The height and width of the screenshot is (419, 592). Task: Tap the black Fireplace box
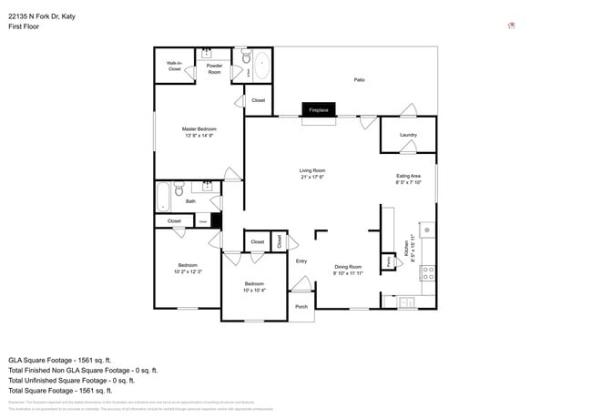pos(319,109)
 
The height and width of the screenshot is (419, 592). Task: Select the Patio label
pos(360,80)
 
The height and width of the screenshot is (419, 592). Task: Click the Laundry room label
pos(408,135)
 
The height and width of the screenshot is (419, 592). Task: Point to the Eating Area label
pos(408,176)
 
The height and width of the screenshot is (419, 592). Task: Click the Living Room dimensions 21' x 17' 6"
pos(312,177)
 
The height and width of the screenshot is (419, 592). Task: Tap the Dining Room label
pos(347,267)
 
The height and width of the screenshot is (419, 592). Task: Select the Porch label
pos(301,306)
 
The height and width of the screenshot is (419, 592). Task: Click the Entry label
pos(301,261)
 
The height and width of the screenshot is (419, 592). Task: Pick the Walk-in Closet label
pos(174,66)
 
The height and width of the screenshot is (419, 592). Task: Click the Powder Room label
pos(215,68)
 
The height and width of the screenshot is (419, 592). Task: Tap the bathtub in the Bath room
pos(164,194)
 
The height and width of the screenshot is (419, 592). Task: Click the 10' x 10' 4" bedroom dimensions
pos(254,291)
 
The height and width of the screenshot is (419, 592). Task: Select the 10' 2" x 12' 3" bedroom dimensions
pos(188,271)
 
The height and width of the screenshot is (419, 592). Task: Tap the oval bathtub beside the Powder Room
pos(261,66)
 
